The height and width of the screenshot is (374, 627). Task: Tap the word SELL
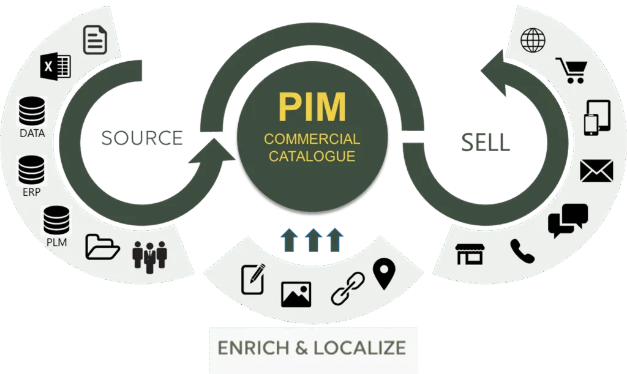pyautogui.click(x=485, y=142)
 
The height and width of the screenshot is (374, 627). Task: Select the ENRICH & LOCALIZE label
pyautogui.click(x=312, y=348)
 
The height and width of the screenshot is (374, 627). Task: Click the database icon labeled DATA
pyautogui.click(x=32, y=112)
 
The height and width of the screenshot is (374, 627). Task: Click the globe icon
pyautogui.click(x=533, y=40)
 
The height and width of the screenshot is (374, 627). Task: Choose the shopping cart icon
pyautogui.click(x=571, y=70)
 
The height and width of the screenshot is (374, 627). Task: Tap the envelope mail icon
pyautogui.click(x=596, y=170)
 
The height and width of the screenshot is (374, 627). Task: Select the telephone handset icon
pyautogui.click(x=522, y=251)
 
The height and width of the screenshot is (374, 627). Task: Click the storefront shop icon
pyautogui.click(x=470, y=253)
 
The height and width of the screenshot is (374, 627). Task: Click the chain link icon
pyautogui.click(x=347, y=288)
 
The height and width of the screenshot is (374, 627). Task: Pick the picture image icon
pyautogui.click(x=296, y=294)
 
